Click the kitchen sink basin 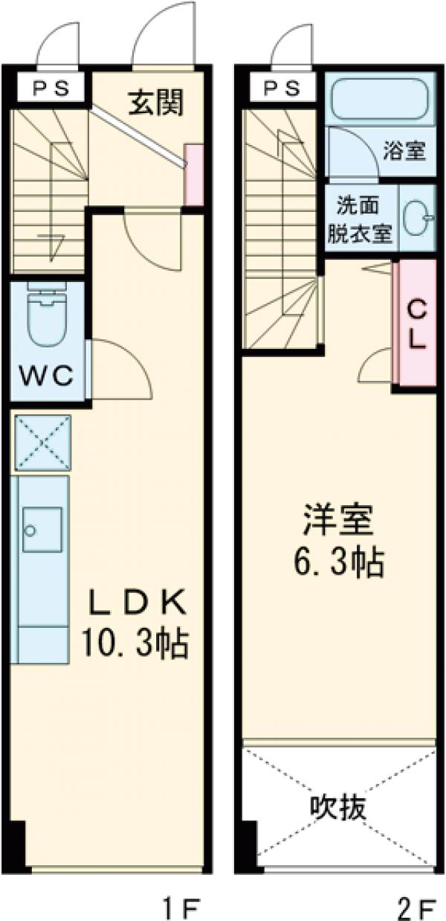(x=42, y=529)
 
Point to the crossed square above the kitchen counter (x=42, y=443)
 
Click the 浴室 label (x=404, y=151)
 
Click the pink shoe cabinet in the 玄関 (x=193, y=174)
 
